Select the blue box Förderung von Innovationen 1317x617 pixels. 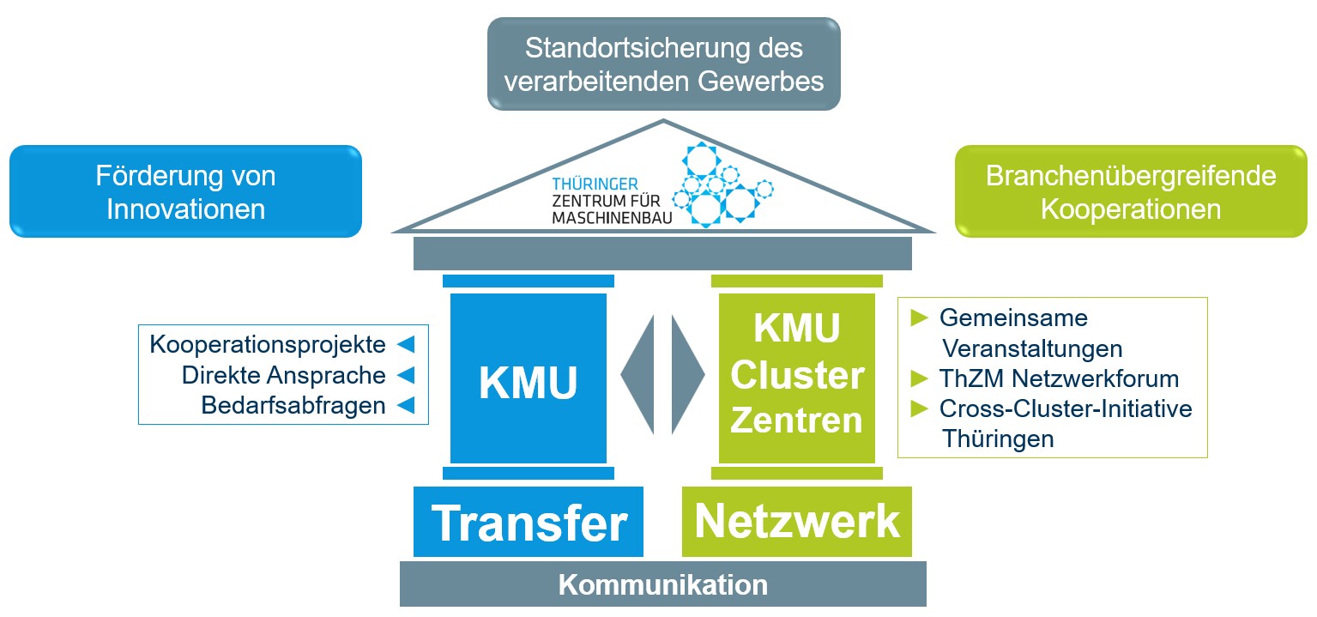pyautogui.click(x=185, y=191)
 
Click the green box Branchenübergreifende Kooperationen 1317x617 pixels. pyautogui.click(x=1131, y=191)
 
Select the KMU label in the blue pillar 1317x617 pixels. pyautogui.click(x=528, y=384)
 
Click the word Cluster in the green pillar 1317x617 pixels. pyautogui.click(x=797, y=376)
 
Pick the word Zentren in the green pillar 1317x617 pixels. pyautogui.click(x=797, y=420)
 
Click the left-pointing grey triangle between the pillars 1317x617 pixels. pyautogui.click(x=638, y=374)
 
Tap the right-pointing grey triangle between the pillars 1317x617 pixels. pyautogui.click(x=687, y=374)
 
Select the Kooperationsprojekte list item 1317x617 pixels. pyautogui.click(x=268, y=345)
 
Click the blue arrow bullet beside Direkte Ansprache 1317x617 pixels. pyautogui.click(x=406, y=375)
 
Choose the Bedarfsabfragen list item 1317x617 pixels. pyautogui.click(x=293, y=405)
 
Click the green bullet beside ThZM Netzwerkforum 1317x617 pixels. pyautogui.click(x=920, y=378)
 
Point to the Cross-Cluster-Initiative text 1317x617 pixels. pyautogui.click(x=1066, y=408)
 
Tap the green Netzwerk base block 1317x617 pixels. pyautogui.click(x=797, y=522)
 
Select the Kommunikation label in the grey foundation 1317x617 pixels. pyautogui.click(x=663, y=585)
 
